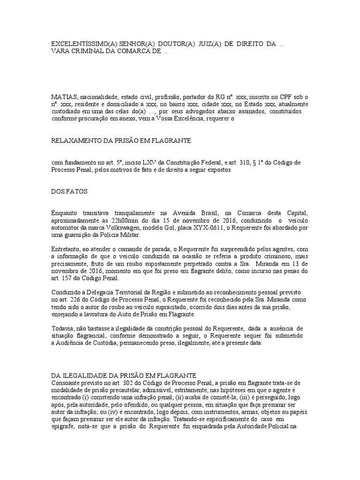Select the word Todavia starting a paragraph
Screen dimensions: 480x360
click(x=62, y=328)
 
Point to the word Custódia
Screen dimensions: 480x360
click(x=114, y=343)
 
